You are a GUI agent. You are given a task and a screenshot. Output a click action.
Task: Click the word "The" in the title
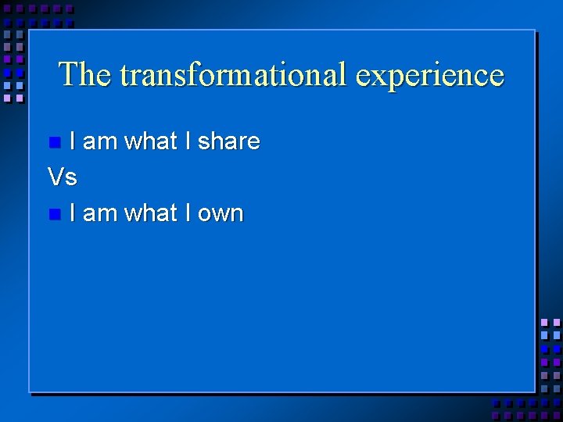[x=85, y=75]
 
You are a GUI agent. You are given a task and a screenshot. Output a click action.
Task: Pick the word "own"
[x=221, y=213]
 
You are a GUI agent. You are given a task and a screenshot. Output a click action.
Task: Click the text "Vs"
[x=63, y=177]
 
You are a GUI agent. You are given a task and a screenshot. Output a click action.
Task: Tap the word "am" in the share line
[x=99, y=142]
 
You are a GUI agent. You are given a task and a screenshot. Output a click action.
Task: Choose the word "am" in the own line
[x=99, y=213]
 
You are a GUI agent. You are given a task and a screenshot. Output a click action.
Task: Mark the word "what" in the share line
[x=151, y=141]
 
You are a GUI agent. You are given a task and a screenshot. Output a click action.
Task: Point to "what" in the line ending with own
[x=151, y=213]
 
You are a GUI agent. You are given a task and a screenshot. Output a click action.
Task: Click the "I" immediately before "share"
[x=188, y=141]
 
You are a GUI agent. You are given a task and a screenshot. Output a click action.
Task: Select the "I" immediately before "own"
[x=188, y=213]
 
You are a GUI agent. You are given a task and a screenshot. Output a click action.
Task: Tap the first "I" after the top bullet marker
[x=73, y=141]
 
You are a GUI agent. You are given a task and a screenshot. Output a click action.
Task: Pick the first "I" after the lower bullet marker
[x=73, y=213]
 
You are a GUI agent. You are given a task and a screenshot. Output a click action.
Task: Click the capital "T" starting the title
[x=69, y=74]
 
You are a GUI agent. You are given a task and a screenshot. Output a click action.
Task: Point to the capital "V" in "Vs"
[x=56, y=177]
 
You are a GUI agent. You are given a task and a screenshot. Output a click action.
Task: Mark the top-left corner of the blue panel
[x=30, y=31]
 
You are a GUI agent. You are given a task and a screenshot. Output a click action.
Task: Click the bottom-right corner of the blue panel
[x=534, y=391]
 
